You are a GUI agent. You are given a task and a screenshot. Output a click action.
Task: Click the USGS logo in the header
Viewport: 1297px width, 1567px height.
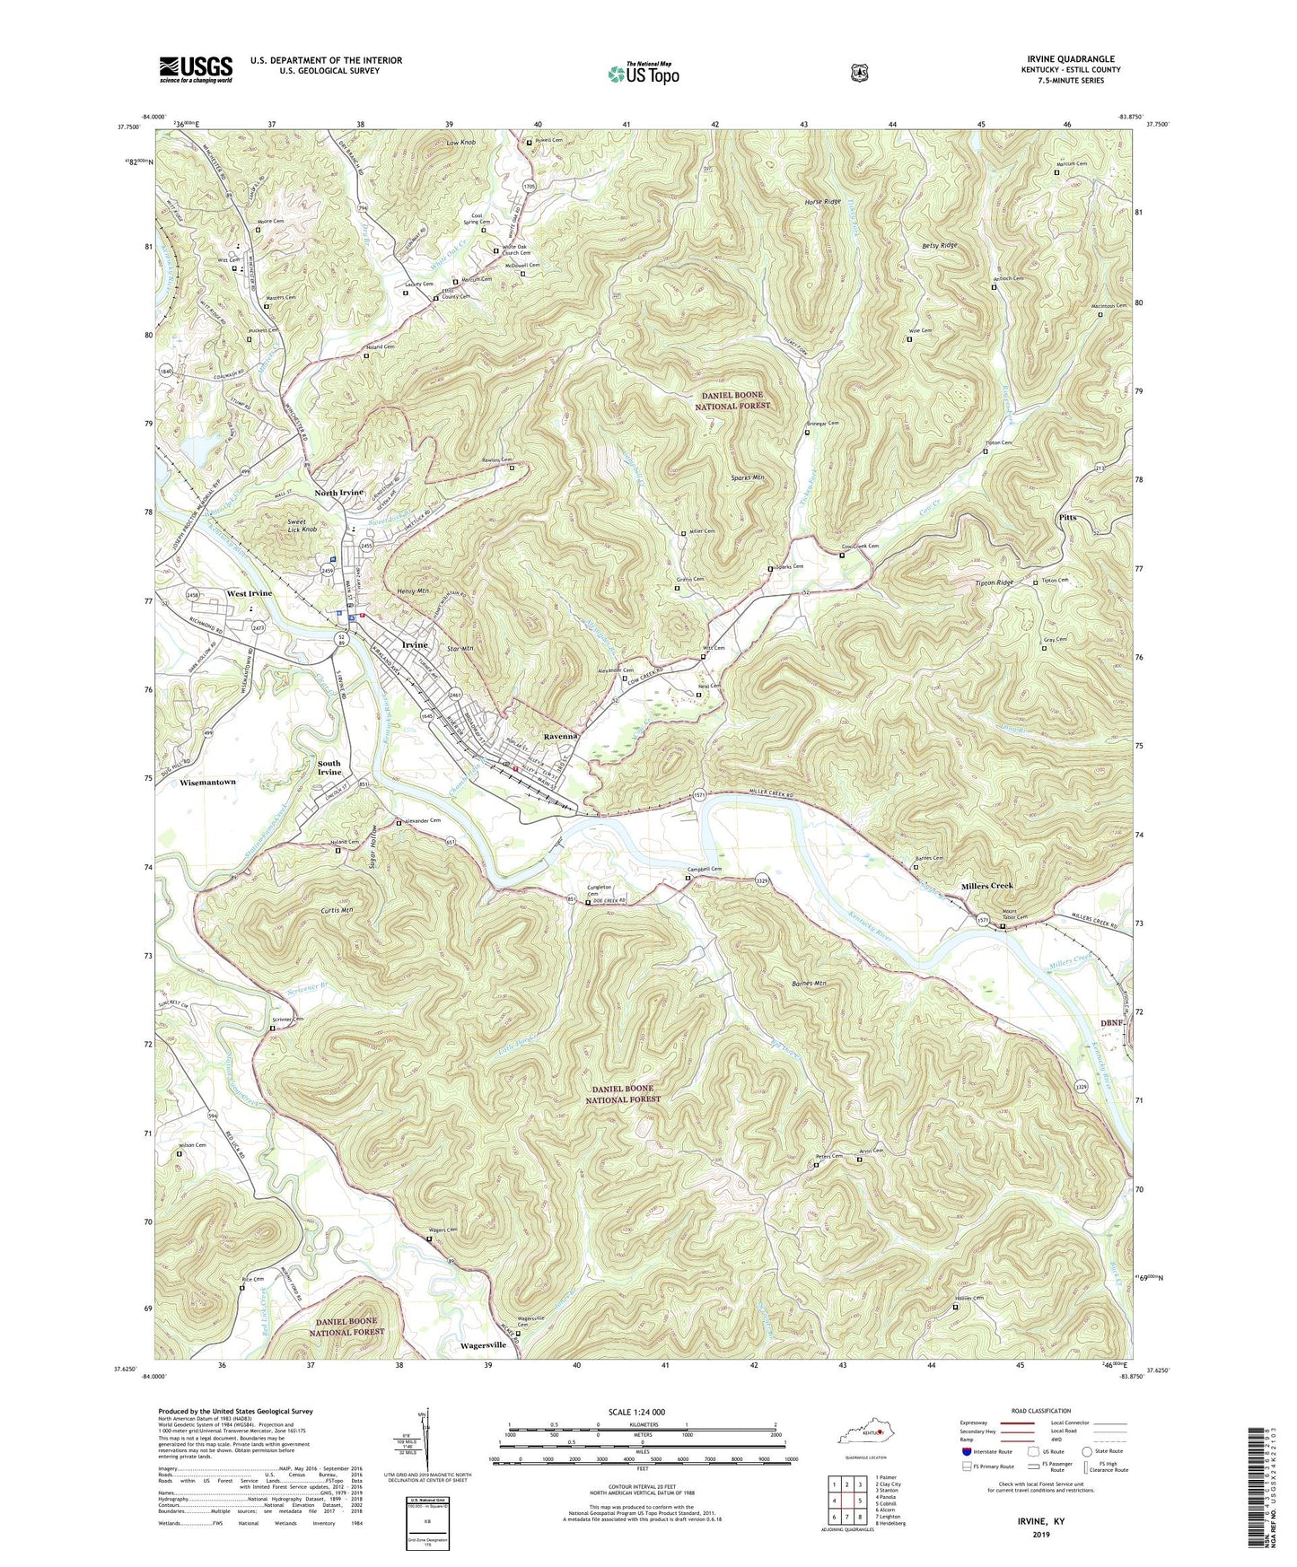tap(196, 69)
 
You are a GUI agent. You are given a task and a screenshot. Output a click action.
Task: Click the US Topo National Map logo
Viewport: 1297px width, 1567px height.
tap(643, 74)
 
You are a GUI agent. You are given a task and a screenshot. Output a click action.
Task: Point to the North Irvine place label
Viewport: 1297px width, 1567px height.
tap(338, 494)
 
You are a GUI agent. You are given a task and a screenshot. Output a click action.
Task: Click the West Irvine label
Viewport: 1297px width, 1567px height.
tap(249, 593)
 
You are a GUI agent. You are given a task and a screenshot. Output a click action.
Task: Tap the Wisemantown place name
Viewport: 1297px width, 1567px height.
tap(207, 782)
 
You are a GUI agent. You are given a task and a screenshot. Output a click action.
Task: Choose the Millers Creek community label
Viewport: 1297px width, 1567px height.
tap(986, 886)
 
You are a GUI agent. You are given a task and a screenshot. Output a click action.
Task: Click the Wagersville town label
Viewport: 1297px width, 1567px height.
tap(483, 1345)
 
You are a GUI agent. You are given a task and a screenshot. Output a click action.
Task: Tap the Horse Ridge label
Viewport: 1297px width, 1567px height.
tap(820, 202)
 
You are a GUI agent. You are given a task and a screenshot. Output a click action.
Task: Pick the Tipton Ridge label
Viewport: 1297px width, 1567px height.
tap(994, 583)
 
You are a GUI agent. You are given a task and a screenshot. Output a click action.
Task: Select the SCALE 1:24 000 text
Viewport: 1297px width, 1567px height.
tap(636, 1412)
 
